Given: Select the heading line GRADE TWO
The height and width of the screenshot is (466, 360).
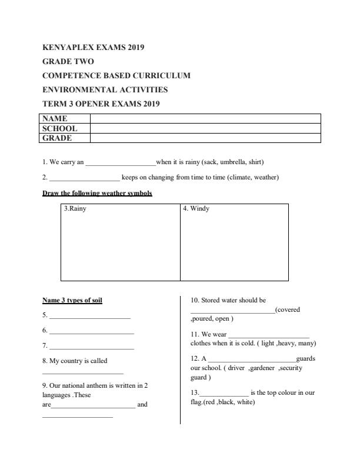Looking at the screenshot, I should [68, 61].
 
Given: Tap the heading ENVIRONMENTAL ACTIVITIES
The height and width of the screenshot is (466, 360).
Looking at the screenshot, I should [105, 90].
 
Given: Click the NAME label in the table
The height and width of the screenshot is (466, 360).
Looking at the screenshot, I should [55, 118].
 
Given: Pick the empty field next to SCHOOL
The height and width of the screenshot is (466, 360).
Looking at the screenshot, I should [205, 128].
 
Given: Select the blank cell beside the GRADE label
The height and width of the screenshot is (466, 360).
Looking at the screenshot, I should [205, 138].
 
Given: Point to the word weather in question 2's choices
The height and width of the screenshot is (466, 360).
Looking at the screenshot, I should [265, 177].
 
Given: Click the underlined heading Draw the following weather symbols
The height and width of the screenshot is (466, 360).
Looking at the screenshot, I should [97, 193].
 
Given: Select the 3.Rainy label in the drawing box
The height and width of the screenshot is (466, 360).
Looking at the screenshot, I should [75, 208].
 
